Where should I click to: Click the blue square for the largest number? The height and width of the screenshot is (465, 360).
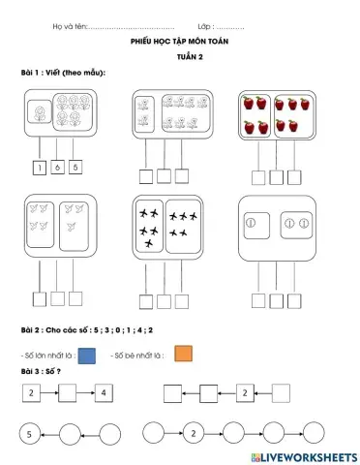pyautogui.click(x=87, y=356)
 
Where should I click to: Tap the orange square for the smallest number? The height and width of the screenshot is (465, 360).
pyautogui.click(x=185, y=355)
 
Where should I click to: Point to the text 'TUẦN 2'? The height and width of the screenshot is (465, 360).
pyautogui.click(x=179, y=57)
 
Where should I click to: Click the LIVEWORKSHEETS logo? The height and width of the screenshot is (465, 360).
pyautogui.click(x=304, y=455)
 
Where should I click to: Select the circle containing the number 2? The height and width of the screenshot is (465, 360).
pyautogui.click(x=194, y=433)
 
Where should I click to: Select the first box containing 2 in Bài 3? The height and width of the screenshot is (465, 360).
pyautogui.click(x=31, y=393)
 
